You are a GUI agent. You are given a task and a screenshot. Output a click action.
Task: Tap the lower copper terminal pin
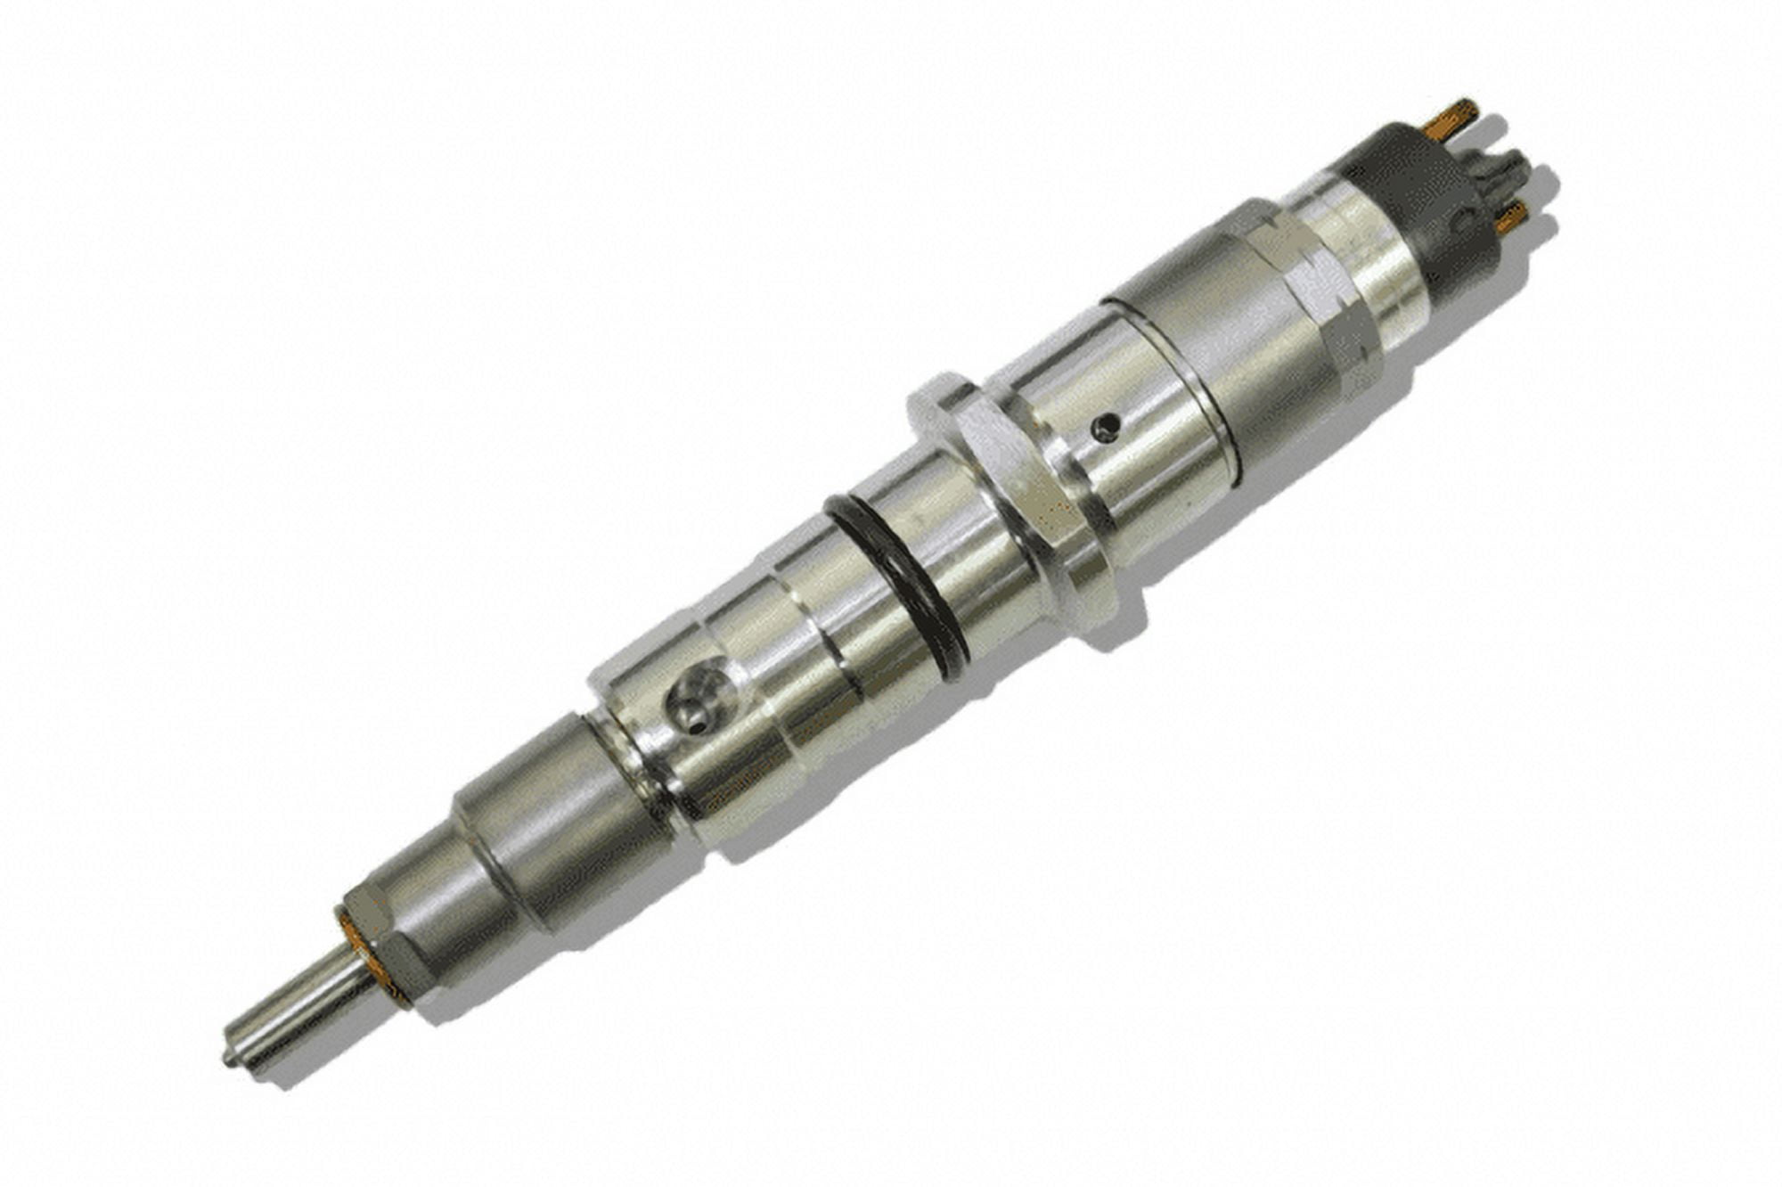click(x=1512, y=217)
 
